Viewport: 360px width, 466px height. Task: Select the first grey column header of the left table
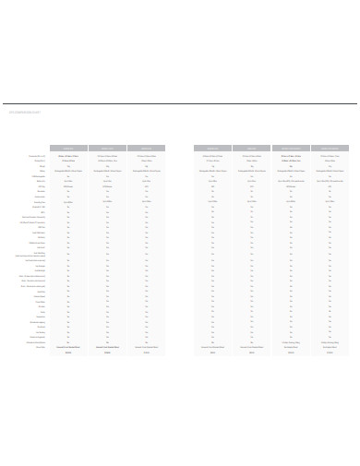[x=68, y=148]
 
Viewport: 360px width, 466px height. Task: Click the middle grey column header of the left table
[x=107, y=148]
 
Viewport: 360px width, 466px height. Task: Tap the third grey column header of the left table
[x=146, y=148]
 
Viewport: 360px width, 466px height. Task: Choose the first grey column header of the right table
[x=212, y=148]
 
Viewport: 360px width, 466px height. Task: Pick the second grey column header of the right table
[x=251, y=148]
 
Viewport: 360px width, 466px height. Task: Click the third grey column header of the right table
[x=291, y=148]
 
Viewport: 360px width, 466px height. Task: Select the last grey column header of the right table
[x=330, y=148]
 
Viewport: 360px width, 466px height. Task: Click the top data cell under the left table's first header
[x=68, y=156]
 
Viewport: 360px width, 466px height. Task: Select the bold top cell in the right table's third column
[x=291, y=156]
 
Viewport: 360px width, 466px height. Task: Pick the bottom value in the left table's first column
[x=68, y=352]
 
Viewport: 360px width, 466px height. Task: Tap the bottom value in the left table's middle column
[x=107, y=352]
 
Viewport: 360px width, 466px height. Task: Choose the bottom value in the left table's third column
[x=146, y=352]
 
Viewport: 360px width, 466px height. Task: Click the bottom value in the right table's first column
[x=212, y=352]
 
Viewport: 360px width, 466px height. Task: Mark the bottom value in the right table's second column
[x=251, y=352]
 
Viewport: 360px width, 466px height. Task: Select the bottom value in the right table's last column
[x=330, y=352]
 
